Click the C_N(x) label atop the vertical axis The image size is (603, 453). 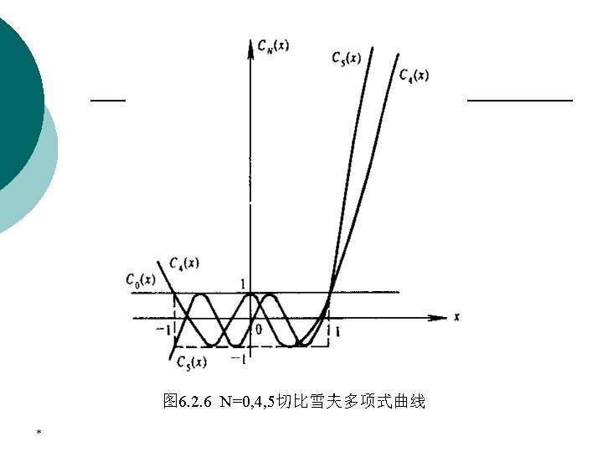274,45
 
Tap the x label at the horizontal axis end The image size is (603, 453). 458,316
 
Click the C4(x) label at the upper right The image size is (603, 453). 414,75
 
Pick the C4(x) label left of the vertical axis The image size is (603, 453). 183,263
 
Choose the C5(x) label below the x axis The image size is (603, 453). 192,362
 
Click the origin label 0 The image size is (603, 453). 259,330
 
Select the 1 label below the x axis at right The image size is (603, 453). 337,332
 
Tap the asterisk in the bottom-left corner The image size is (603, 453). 39,432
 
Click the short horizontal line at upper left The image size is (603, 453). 107,100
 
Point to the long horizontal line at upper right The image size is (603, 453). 519,100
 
